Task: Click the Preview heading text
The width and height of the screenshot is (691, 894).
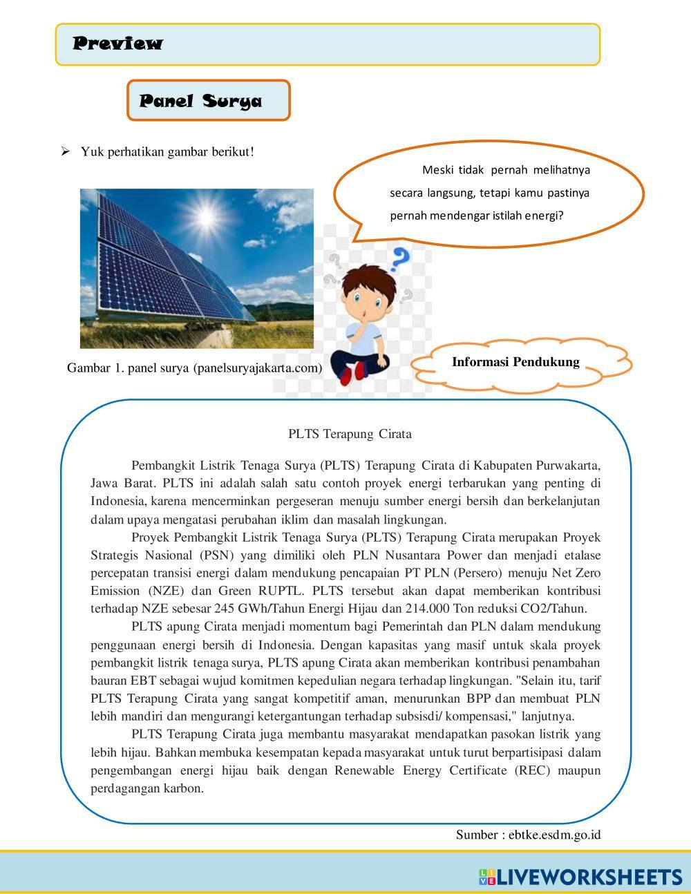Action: tap(118, 44)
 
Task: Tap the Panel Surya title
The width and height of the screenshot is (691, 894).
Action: tap(200, 101)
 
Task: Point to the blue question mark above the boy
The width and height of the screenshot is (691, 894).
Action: tap(399, 260)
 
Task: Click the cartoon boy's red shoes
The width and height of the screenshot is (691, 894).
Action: tap(352, 372)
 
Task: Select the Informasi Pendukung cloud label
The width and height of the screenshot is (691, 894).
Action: tap(515, 362)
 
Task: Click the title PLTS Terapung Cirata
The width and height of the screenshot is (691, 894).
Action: tap(350, 434)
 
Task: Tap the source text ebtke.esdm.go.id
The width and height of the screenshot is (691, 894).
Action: tap(554, 835)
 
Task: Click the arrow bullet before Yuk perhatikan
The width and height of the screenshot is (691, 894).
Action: tap(66, 151)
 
